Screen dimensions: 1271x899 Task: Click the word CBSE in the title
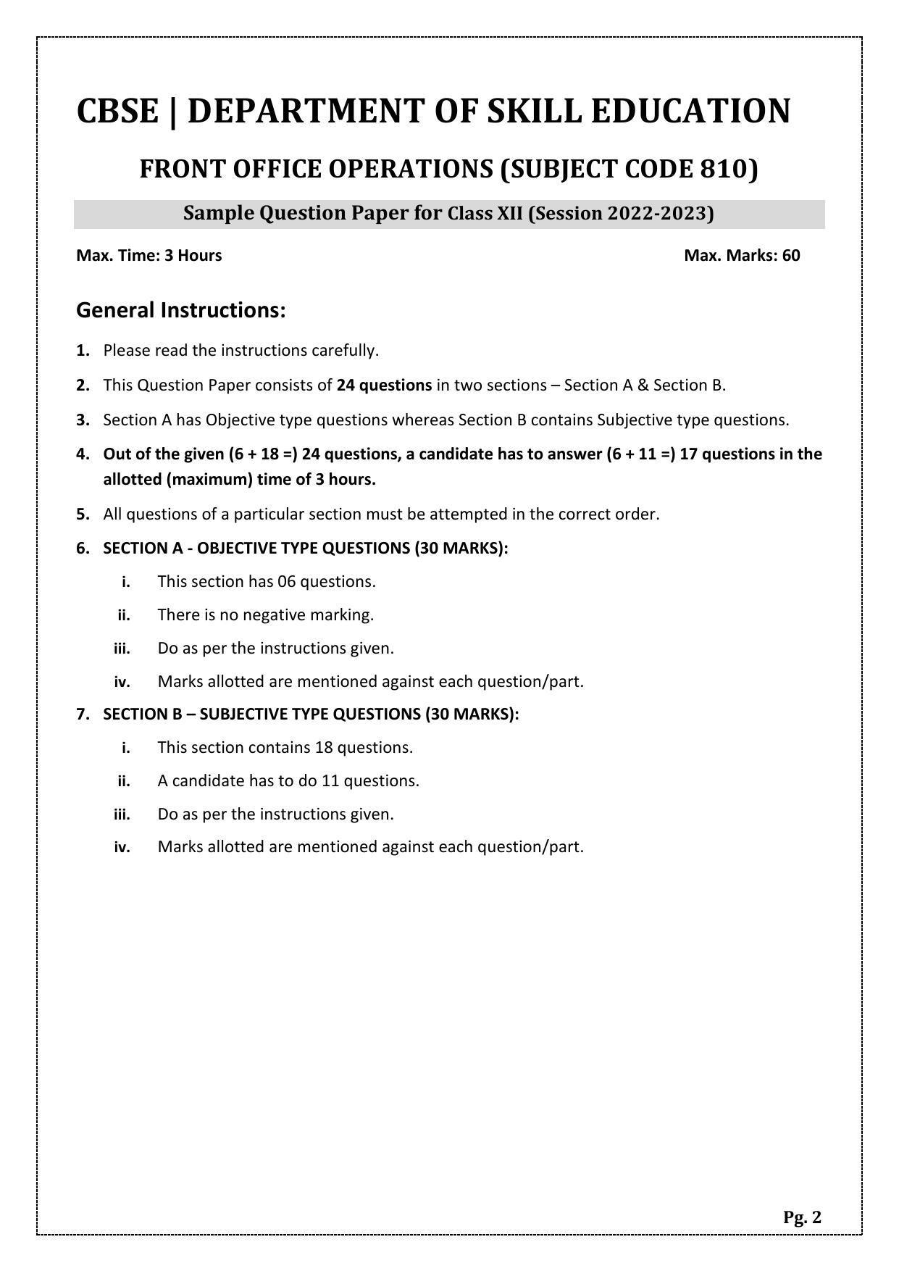[117, 112]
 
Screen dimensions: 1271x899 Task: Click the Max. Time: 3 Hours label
[149, 255]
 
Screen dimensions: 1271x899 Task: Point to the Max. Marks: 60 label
[742, 255]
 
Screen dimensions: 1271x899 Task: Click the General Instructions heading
[181, 310]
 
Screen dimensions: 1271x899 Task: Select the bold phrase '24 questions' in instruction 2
[384, 386]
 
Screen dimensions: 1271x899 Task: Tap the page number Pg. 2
[802, 1217]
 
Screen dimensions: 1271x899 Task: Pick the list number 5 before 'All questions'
[83, 514]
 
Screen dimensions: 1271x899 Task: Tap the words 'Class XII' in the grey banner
[485, 214]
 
